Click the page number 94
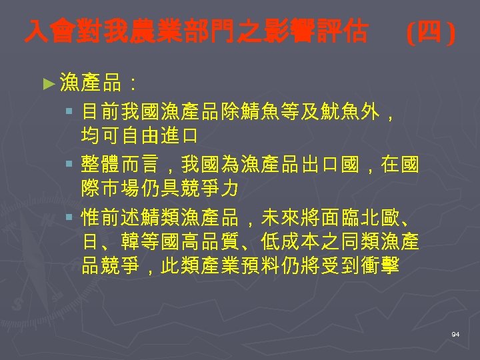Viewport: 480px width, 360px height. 455,333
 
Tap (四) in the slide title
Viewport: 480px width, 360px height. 431,31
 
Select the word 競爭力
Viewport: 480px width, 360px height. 207,189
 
